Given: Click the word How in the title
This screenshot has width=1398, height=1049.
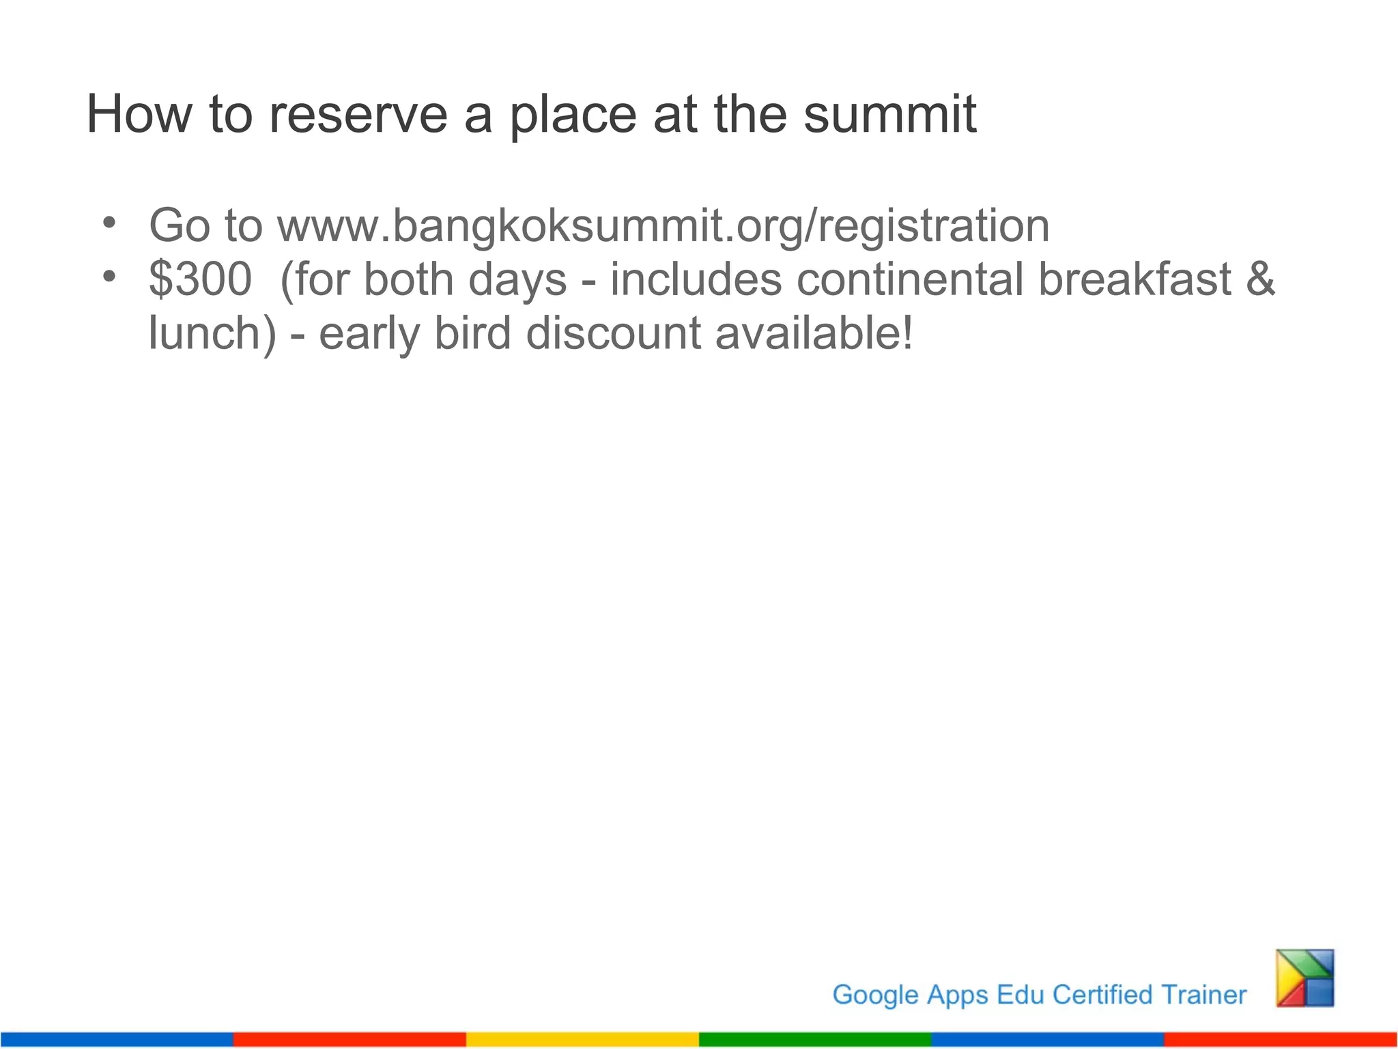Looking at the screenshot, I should [x=139, y=114].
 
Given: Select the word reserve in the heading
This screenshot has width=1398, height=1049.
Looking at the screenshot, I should [x=358, y=114].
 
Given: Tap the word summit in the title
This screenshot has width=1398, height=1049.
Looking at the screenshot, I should [x=889, y=114].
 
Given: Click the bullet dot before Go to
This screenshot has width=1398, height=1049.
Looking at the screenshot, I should [x=109, y=223].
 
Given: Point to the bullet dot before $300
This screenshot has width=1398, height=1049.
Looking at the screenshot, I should [x=109, y=277].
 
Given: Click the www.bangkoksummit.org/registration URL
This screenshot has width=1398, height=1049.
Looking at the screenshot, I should [x=663, y=226].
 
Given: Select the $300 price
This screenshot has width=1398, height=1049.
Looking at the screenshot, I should [x=200, y=279].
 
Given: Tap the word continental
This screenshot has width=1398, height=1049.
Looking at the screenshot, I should [x=909, y=279].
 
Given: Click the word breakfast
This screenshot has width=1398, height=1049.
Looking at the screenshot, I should [x=1135, y=279].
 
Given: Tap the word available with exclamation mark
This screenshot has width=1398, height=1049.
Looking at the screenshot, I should [x=814, y=333].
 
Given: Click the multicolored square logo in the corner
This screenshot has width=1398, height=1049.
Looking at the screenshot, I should [x=1305, y=978].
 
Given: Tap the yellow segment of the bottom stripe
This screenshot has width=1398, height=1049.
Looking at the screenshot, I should [x=582, y=1039].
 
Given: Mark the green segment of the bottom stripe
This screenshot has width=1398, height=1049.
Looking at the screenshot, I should [x=815, y=1039].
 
